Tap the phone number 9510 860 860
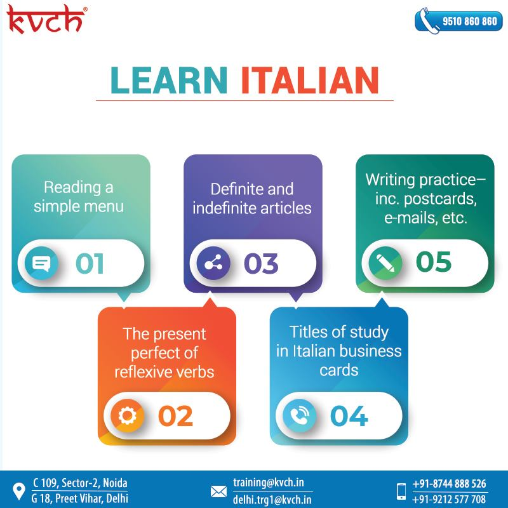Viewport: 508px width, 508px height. [470, 22]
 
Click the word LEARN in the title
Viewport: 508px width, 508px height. [169, 80]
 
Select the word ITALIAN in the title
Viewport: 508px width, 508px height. [310, 80]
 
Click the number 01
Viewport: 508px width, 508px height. [90, 264]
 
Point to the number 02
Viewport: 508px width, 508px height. [175, 416]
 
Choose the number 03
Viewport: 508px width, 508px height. [261, 264]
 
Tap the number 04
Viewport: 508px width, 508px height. [349, 416]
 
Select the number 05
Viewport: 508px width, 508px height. [434, 262]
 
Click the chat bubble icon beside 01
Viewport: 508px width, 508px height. [41, 263]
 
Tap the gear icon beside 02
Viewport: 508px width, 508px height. [128, 416]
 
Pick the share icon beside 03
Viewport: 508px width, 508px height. [213, 263]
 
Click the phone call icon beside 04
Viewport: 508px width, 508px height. [299, 416]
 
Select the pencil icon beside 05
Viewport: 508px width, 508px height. [385, 263]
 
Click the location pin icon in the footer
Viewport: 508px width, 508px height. [19, 491]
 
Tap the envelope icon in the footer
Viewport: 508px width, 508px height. [218, 491]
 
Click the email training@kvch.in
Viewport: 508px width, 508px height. [269, 483]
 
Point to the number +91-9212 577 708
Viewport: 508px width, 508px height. [449, 499]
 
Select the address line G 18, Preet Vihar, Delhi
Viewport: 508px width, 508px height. [80, 498]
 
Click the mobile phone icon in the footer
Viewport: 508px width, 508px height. [401, 491]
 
